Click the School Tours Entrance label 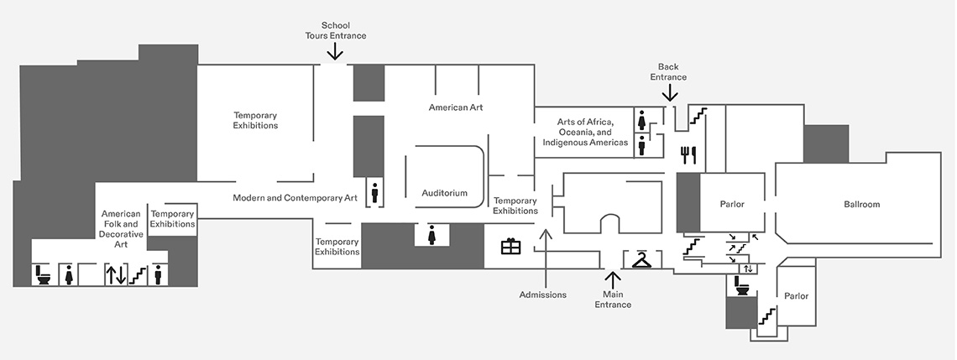335,30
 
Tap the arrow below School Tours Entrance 335,52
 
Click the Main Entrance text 613,299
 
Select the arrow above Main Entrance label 613,279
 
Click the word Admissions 543,295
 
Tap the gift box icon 511,246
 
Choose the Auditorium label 444,193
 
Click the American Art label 456,107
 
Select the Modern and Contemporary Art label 295,198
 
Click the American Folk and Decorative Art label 120,229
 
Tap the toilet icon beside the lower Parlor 743,286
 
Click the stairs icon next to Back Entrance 698,116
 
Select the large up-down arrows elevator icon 116,274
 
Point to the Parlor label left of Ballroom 732,204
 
